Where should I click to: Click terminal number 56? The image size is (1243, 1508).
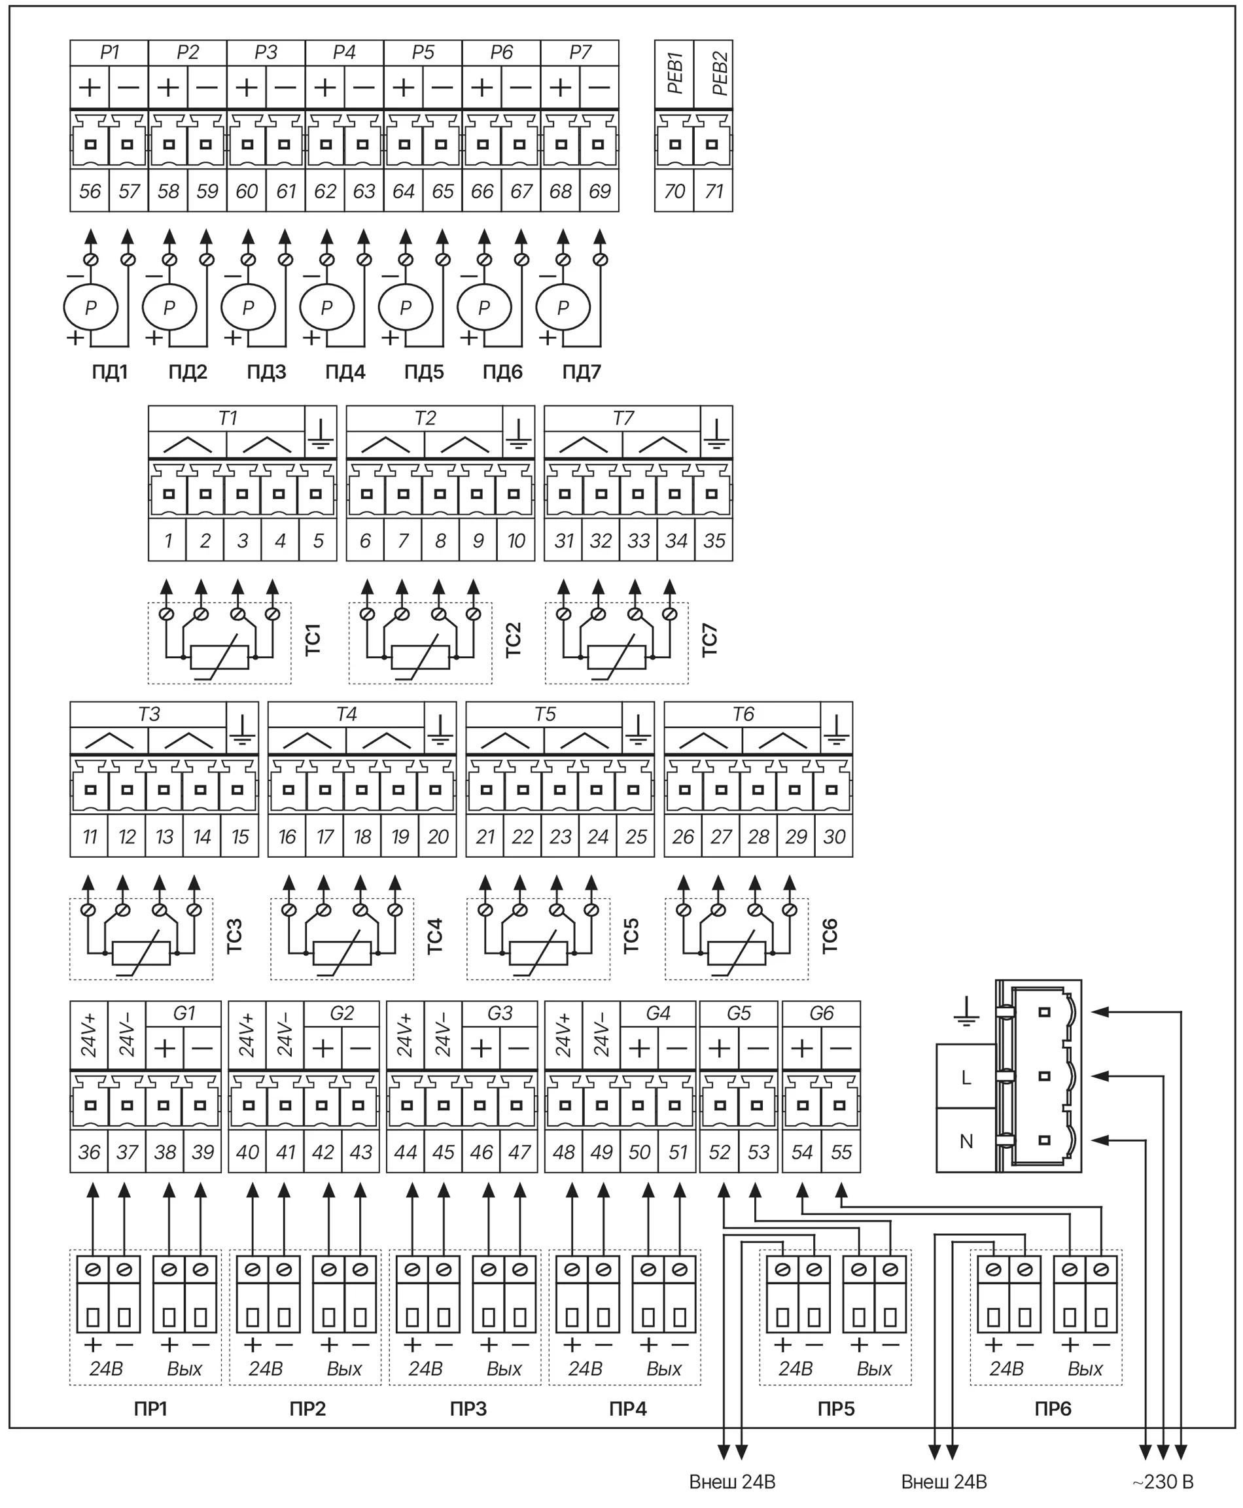(x=90, y=191)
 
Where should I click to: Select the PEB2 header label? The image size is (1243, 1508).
(x=720, y=74)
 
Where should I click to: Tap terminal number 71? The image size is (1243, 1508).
(x=714, y=191)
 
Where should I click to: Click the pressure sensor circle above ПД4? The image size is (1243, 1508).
(x=326, y=307)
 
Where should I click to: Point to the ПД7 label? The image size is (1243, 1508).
(x=582, y=372)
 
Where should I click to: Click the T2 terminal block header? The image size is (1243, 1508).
(x=425, y=418)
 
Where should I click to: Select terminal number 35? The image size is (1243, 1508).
(x=714, y=540)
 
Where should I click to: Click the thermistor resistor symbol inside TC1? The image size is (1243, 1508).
(x=220, y=656)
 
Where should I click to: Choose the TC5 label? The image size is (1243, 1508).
(x=631, y=936)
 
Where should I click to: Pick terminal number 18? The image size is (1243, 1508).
(x=362, y=836)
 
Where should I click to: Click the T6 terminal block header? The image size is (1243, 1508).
(x=743, y=714)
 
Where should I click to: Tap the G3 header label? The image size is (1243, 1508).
(x=500, y=1013)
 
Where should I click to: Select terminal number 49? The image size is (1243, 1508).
(x=601, y=1152)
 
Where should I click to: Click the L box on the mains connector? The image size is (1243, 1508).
(x=966, y=1077)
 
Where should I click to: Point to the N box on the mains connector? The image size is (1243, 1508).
(x=966, y=1141)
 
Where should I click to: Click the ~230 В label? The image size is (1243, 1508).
(x=1163, y=1482)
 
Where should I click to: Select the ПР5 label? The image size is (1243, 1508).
(x=836, y=1409)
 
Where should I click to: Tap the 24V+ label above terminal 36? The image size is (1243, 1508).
(x=89, y=1035)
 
